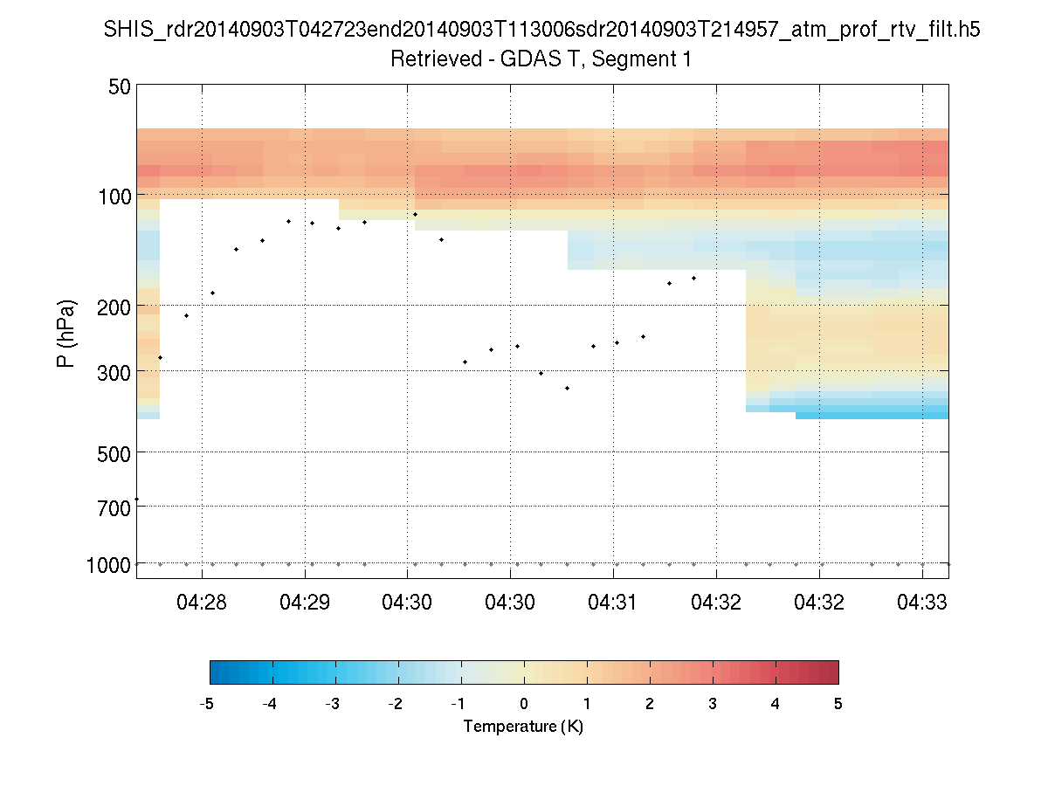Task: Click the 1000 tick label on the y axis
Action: click(x=108, y=565)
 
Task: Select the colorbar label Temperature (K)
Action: click(x=523, y=727)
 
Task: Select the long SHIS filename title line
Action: click(x=541, y=30)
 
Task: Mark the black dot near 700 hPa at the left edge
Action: click(x=137, y=499)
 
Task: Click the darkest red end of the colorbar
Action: click(x=831, y=672)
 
